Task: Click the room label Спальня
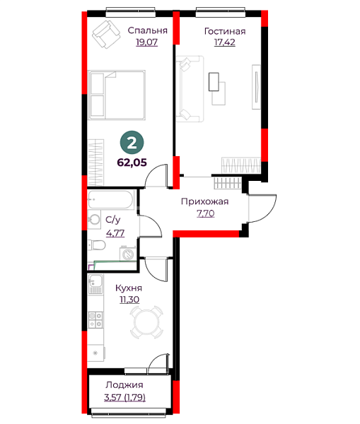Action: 148,30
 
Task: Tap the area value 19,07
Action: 146,42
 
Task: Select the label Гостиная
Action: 225,31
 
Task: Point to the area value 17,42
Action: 225,42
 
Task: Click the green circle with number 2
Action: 132,143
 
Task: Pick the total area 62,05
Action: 132,163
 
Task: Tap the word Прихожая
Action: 205,201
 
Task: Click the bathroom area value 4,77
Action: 115,232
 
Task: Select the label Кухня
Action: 129,288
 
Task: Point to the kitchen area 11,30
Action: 129,300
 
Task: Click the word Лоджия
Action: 124,385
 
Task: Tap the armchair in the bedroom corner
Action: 106,35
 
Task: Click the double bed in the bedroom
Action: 117,95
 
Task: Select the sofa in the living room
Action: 190,89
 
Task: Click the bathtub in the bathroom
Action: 111,200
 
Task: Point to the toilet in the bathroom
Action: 96,245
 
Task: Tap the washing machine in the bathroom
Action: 127,254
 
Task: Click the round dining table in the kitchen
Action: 147,322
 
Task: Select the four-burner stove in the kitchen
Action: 95,319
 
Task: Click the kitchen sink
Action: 95,284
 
